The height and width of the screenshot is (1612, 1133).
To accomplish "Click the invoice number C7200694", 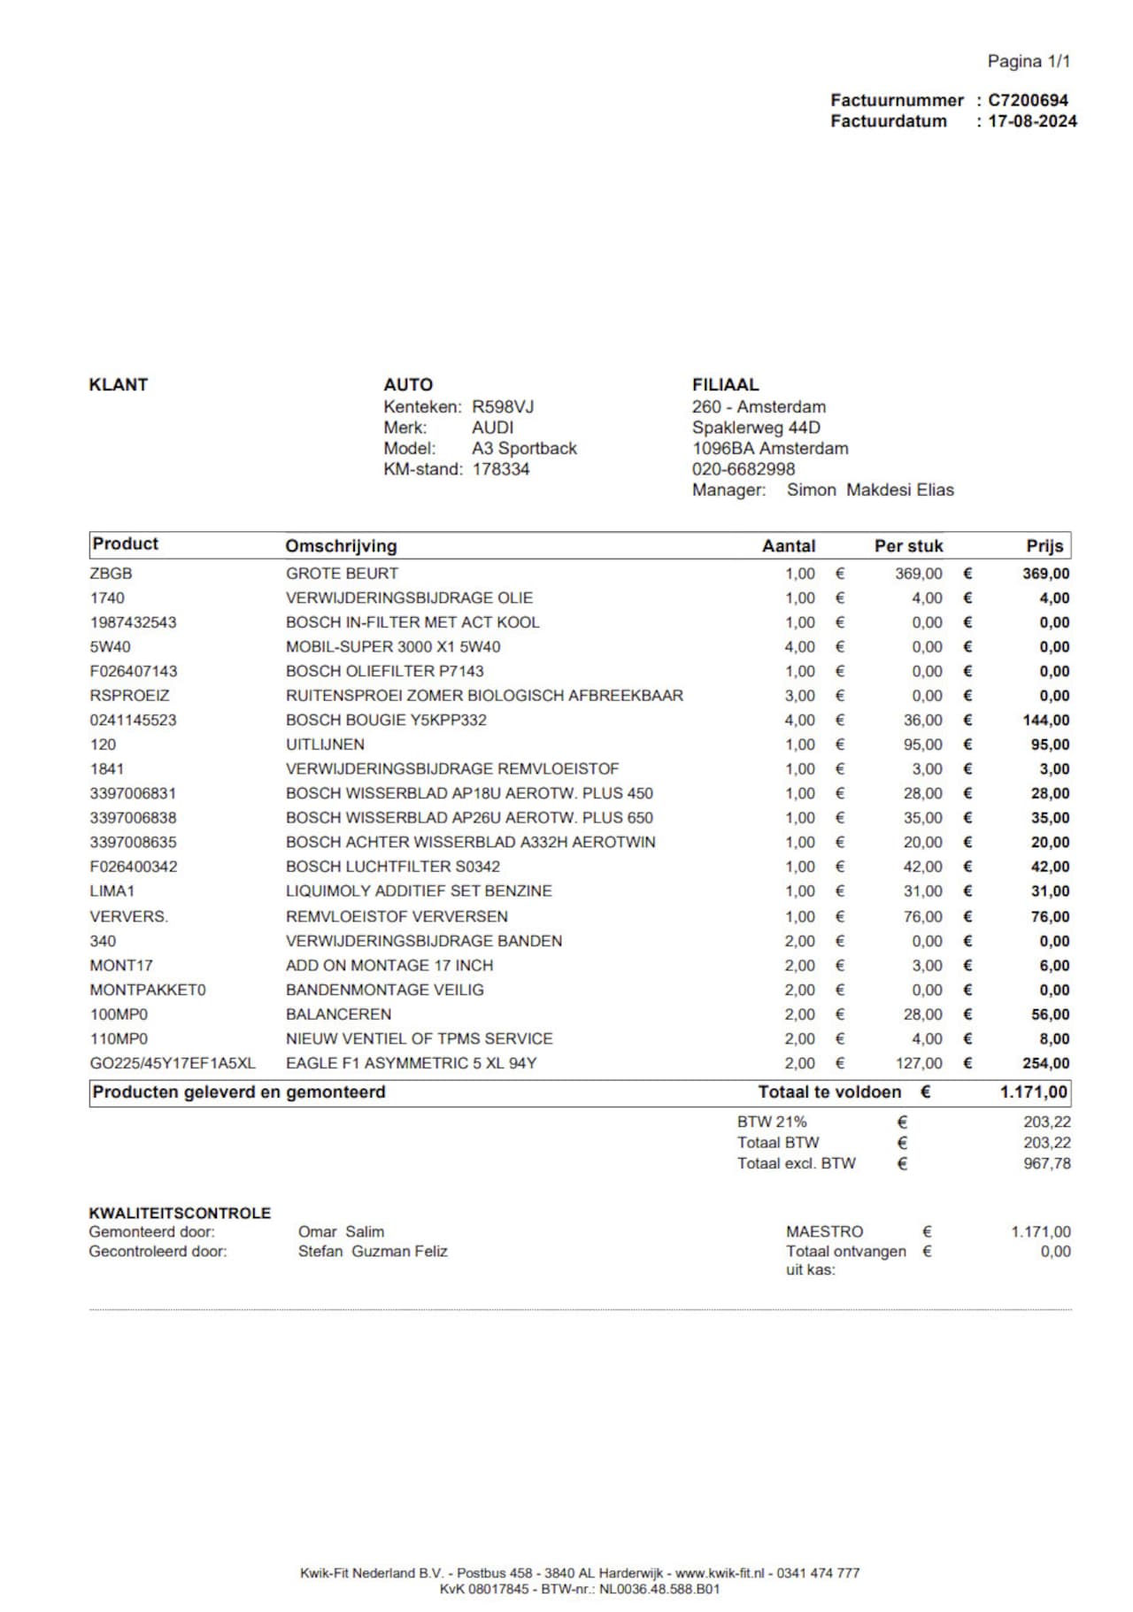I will tap(1028, 100).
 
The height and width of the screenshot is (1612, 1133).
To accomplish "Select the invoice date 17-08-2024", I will tap(1032, 121).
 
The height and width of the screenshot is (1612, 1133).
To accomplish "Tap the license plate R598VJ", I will tap(503, 407).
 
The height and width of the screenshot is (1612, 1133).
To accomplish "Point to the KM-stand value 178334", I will tap(501, 469).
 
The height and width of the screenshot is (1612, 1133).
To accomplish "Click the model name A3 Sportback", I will tap(524, 449).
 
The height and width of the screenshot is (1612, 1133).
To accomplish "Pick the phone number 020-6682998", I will tap(744, 469).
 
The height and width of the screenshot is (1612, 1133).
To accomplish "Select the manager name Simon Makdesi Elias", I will tap(870, 490).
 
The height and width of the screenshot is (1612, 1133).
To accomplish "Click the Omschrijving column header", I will tap(341, 546).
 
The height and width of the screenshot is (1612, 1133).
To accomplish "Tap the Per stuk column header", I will tap(908, 546).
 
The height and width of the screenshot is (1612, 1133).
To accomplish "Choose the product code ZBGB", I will tap(111, 574).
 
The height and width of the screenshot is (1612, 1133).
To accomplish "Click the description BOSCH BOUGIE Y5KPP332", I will tap(386, 721).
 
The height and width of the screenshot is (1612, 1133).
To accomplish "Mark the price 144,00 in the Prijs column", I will tap(1045, 721).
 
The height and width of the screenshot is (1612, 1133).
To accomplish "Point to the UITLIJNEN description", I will tap(325, 744).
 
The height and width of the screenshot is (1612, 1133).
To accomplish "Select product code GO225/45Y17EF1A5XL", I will tap(173, 1063).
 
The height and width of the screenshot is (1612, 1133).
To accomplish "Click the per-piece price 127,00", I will tap(919, 1063).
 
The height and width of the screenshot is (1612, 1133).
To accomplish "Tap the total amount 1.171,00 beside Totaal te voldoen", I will tap(1034, 1092).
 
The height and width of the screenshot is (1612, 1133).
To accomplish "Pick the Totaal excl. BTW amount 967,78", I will tap(1047, 1163).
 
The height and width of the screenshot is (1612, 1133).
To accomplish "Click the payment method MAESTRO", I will tap(824, 1231).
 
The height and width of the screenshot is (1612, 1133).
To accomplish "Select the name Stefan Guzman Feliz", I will tap(373, 1252).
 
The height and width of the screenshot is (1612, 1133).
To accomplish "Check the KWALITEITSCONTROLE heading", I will tap(180, 1213).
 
